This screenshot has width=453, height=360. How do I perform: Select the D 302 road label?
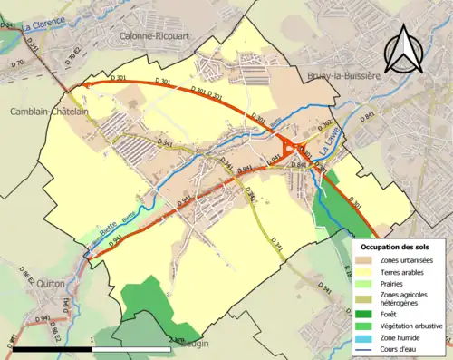(x=327, y=126)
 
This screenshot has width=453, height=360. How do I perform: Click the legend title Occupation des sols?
(x=396, y=247)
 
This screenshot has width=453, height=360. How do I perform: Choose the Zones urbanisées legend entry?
(x=407, y=260)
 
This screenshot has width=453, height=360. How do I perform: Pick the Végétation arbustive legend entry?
(x=411, y=326)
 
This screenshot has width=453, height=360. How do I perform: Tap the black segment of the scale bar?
(x=53, y=347)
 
